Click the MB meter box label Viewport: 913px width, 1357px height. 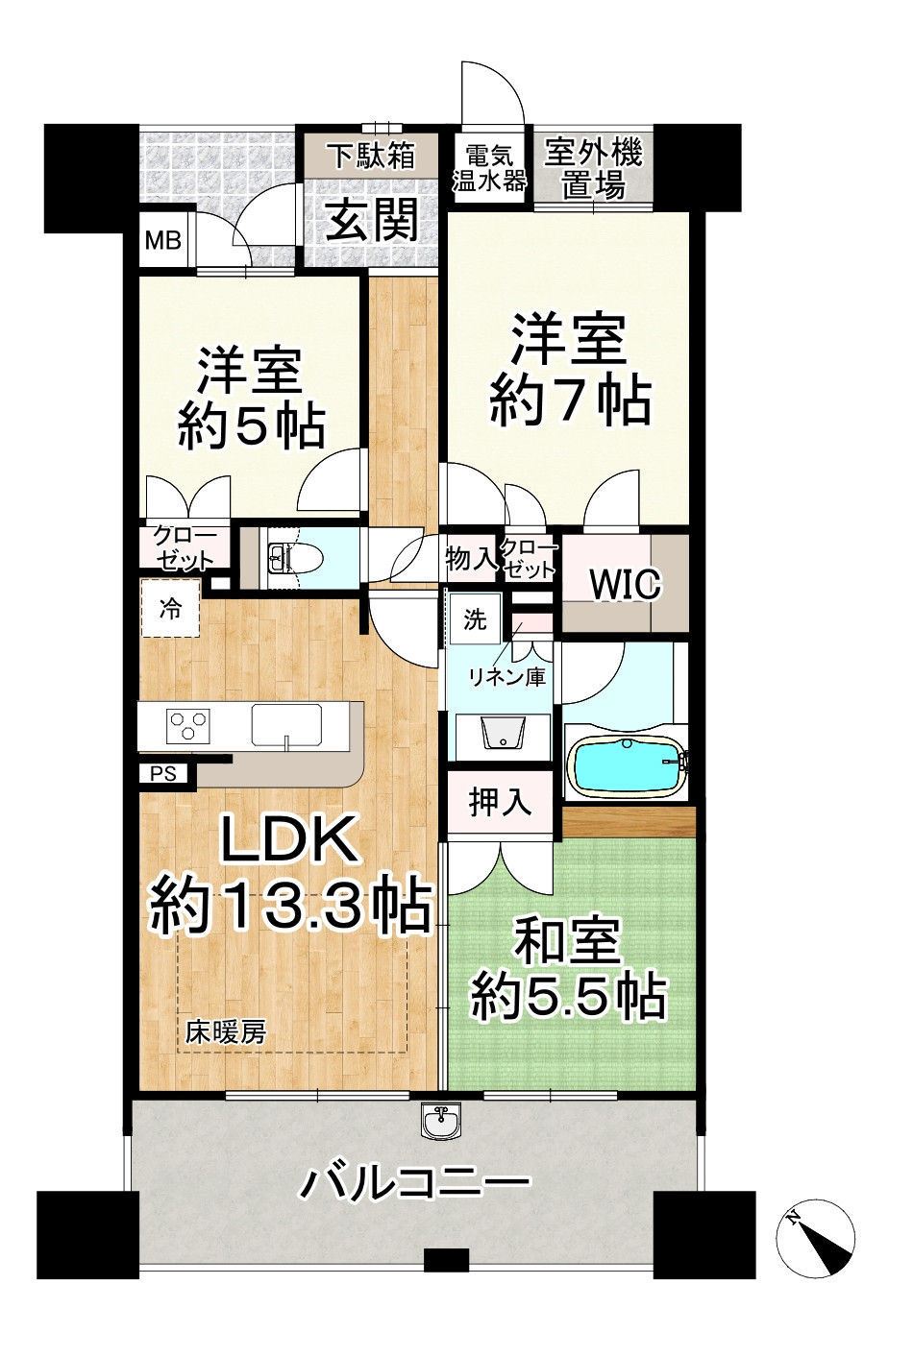point(163,239)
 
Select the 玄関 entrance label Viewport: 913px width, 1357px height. point(371,221)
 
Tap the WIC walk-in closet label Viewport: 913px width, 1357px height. point(625,584)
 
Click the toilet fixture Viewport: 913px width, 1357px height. point(287,555)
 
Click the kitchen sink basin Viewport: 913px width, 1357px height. point(287,724)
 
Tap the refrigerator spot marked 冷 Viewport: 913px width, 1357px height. point(170,609)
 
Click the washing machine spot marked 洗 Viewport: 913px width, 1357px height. point(475,619)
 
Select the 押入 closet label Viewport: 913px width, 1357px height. point(500,801)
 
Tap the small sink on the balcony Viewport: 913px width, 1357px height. point(442,1120)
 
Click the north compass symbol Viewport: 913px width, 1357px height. point(815,1240)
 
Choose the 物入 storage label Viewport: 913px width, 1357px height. point(471,558)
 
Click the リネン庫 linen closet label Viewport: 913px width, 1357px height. point(506,676)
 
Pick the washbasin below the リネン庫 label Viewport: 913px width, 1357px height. point(503,735)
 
